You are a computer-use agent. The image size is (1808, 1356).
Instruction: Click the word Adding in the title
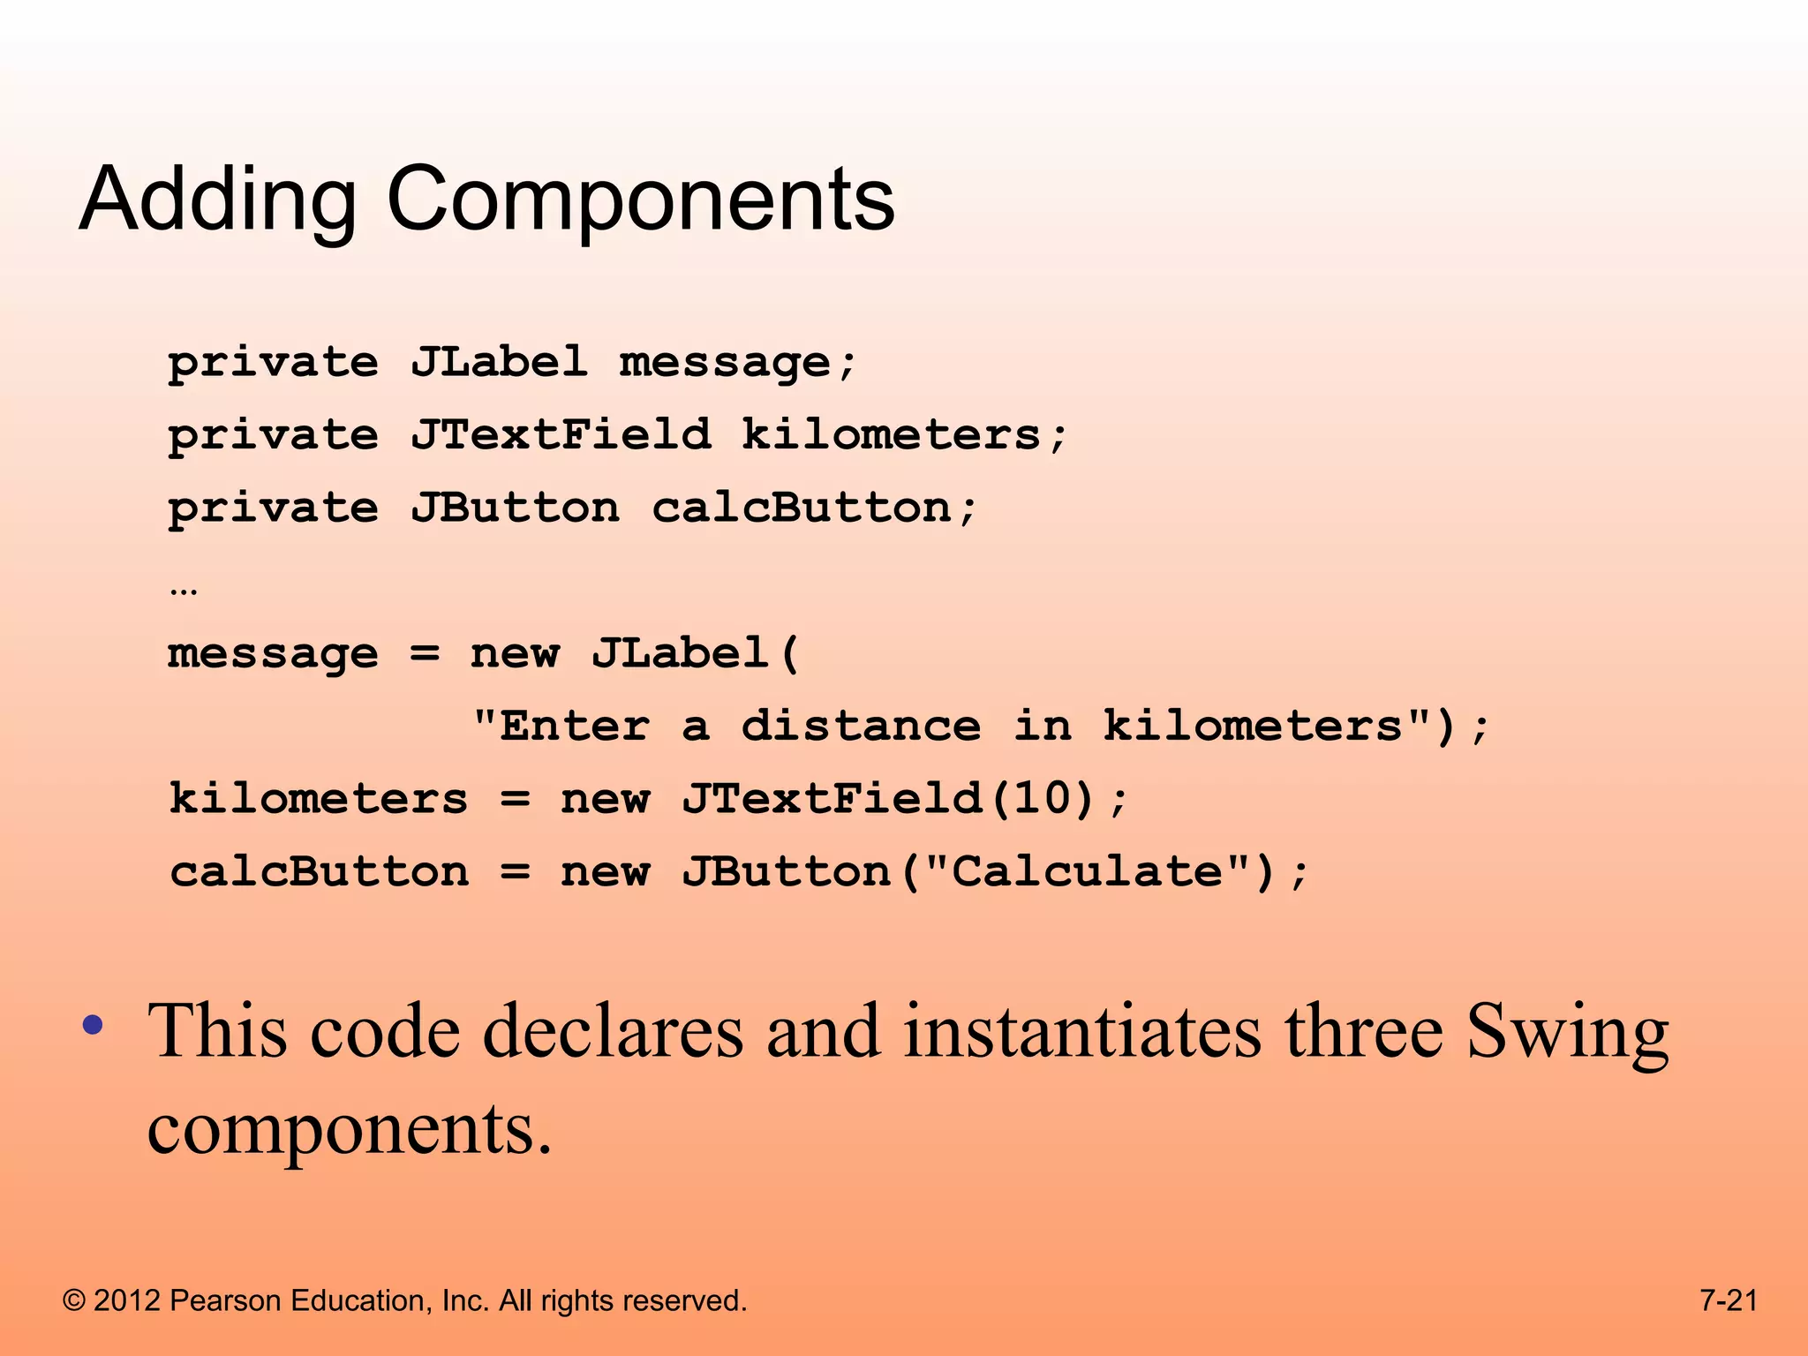(217, 201)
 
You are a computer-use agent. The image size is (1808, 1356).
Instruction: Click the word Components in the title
(641, 201)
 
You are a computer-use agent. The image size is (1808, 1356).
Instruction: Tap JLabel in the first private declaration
(499, 362)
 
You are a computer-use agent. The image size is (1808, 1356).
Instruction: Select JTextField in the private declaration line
(560, 434)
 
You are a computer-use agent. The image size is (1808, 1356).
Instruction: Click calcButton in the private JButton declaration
(802, 508)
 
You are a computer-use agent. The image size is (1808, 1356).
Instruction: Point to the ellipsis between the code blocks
(184, 590)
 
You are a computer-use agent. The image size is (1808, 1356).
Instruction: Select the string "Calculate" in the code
(1088, 871)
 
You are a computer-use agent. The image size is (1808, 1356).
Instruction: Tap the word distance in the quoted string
(861, 726)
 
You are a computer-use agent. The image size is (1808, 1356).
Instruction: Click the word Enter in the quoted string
(575, 726)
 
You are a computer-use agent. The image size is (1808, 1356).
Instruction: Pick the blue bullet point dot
(93, 1026)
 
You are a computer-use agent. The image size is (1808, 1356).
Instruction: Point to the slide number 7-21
(1729, 1300)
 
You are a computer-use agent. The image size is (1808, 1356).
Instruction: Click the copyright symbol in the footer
(74, 1300)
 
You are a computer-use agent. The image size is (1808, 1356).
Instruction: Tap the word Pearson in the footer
(225, 1300)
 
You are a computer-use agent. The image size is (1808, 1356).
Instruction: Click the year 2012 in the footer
(126, 1300)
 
